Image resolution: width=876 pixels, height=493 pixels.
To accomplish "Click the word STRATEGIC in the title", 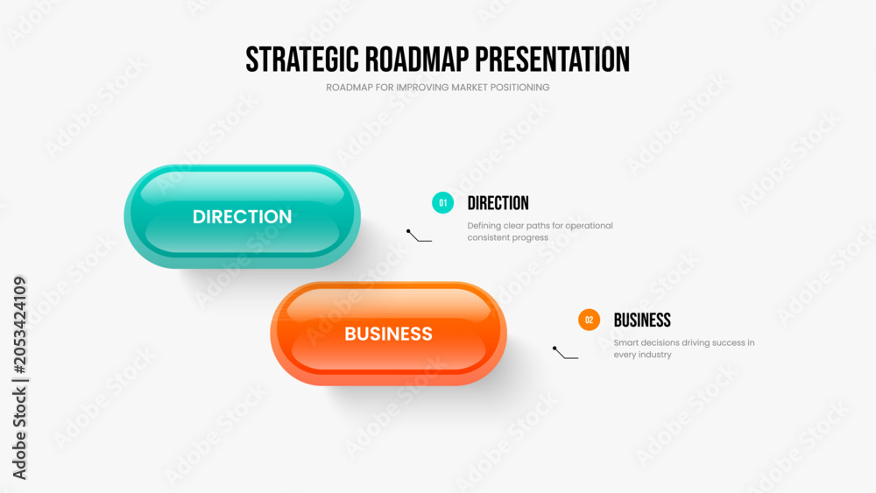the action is (x=302, y=60).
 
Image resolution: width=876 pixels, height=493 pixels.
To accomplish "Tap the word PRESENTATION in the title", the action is (x=553, y=60).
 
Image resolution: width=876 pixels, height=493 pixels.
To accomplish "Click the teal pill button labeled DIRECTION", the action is (x=242, y=216).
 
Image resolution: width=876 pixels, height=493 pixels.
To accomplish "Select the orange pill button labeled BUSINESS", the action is (x=388, y=334).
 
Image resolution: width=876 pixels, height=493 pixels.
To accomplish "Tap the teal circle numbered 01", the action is (x=442, y=202).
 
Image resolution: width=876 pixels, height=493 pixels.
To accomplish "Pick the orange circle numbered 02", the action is (x=589, y=320).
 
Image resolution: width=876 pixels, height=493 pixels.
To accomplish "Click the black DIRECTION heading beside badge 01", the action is (x=498, y=203).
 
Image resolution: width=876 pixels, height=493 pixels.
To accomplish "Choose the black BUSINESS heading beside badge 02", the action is (x=642, y=320).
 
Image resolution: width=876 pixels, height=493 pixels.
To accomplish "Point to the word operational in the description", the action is (x=589, y=226).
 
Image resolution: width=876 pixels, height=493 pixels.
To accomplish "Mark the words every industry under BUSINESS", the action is (x=642, y=356).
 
